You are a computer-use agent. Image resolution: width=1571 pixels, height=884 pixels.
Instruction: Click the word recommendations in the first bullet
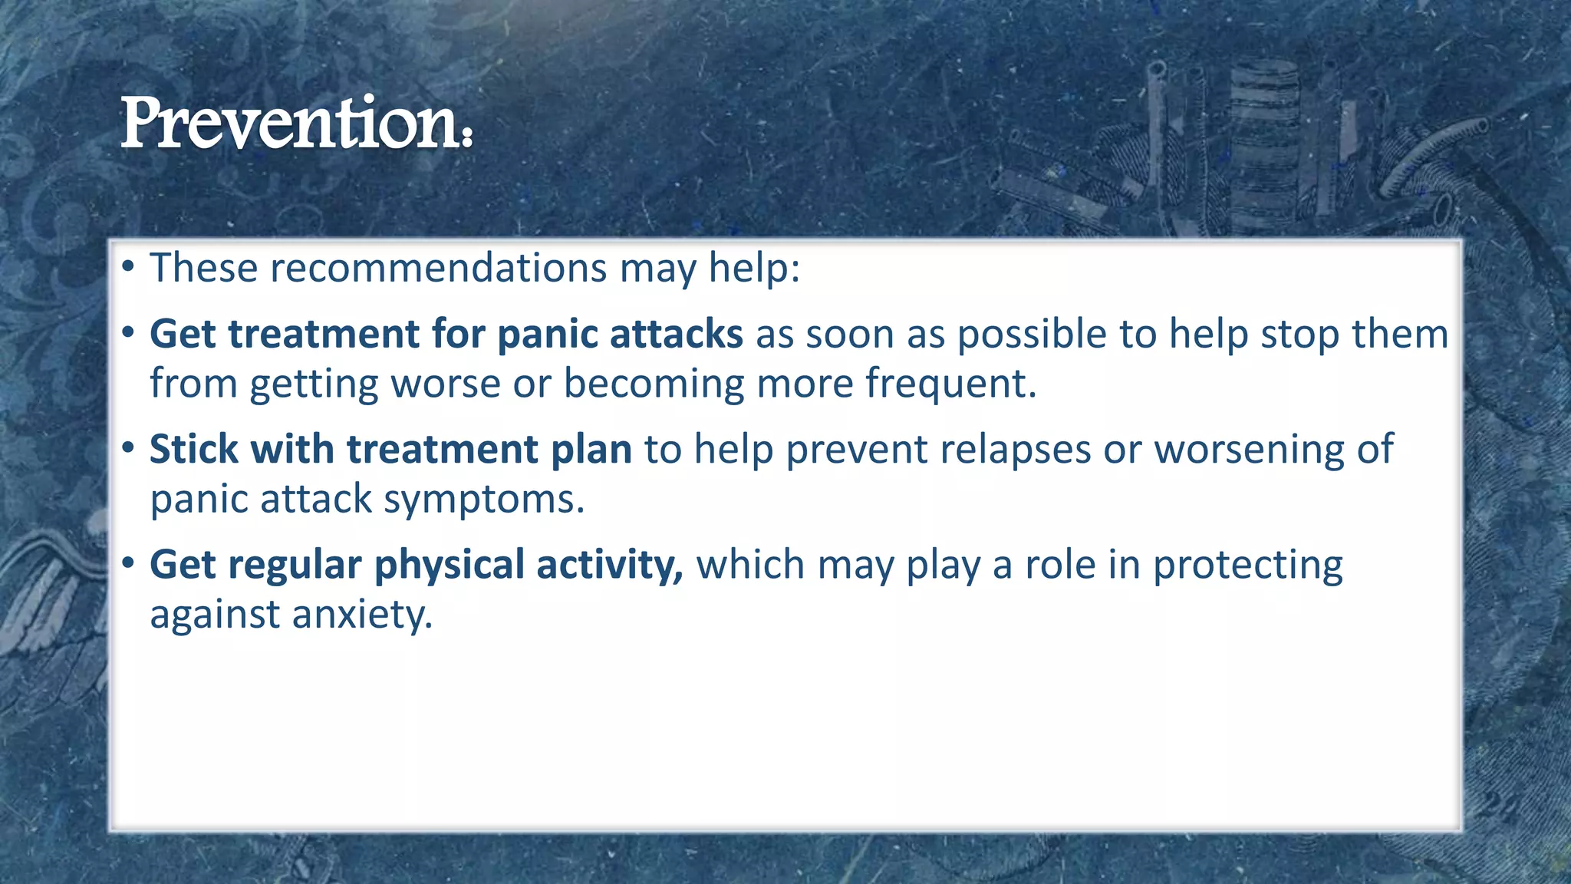click(439, 268)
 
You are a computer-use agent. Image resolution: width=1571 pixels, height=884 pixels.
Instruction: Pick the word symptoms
click(484, 500)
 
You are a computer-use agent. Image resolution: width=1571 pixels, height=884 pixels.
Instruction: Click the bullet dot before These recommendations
click(128, 268)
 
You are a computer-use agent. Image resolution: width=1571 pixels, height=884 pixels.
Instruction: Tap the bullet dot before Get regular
click(128, 563)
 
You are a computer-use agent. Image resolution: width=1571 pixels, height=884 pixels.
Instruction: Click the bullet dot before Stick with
click(128, 447)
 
